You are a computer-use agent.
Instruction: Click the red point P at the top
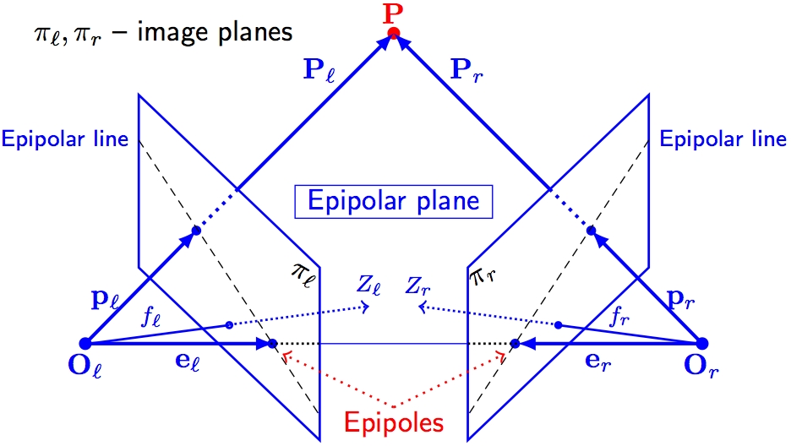tap(393, 33)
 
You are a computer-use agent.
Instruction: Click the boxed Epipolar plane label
tap(394, 201)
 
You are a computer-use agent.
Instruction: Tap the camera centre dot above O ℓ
tap(85, 343)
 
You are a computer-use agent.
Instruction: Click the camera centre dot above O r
tap(701, 343)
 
